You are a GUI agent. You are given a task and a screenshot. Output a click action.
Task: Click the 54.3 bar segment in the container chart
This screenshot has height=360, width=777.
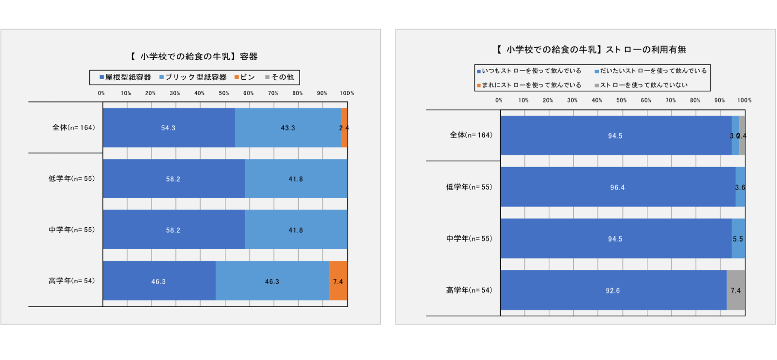(x=169, y=128)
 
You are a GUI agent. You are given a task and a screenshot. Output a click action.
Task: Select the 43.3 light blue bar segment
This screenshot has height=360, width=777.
(x=288, y=128)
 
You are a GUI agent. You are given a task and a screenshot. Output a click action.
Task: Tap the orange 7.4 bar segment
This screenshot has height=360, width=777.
(x=338, y=281)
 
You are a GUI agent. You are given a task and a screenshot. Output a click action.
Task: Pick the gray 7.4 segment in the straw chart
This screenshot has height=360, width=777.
(x=736, y=291)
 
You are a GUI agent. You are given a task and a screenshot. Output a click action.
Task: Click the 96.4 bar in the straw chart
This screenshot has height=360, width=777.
(x=618, y=188)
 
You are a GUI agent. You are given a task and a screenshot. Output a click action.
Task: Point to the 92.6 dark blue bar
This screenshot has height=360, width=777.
(x=613, y=291)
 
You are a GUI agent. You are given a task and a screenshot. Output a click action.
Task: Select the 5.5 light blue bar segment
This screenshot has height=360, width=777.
(x=738, y=239)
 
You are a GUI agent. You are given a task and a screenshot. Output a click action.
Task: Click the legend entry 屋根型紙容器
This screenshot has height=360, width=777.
(x=125, y=77)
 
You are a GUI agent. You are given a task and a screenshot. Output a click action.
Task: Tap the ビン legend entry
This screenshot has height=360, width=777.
(x=245, y=77)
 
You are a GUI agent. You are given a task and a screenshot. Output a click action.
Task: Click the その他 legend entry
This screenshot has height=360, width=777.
(x=280, y=77)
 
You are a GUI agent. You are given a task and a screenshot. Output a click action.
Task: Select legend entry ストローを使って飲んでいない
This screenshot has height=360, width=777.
(x=641, y=85)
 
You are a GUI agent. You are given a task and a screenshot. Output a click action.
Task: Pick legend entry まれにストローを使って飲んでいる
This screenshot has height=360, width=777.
(x=529, y=85)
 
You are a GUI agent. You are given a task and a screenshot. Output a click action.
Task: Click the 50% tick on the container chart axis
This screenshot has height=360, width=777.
(x=224, y=93)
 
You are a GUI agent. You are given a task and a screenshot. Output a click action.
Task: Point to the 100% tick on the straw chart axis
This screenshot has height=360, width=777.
(x=744, y=101)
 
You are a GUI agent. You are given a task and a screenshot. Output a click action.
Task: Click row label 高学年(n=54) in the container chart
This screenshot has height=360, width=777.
(x=72, y=281)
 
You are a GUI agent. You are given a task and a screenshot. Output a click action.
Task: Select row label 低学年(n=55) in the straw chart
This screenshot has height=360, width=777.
(x=469, y=187)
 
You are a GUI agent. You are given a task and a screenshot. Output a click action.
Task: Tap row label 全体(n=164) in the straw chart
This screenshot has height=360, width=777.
(x=471, y=135)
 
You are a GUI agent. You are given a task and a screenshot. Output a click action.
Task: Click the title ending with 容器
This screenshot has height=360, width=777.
(x=194, y=57)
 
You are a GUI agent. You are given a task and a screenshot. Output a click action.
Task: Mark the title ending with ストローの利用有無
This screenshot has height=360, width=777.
(x=591, y=50)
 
